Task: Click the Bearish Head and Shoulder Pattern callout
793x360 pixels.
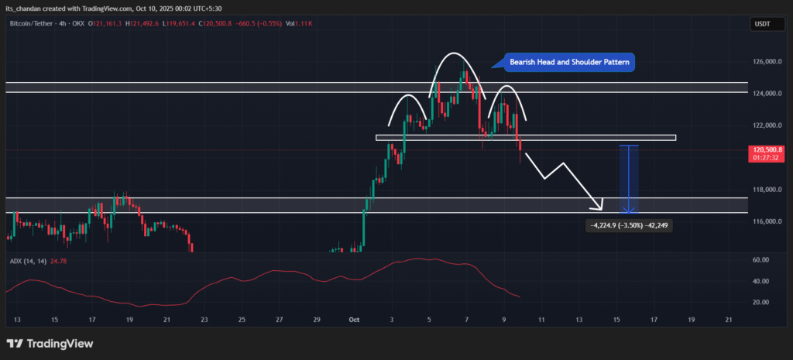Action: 570,62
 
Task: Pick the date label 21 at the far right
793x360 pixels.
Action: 728,320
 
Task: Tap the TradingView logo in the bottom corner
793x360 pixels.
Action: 50,344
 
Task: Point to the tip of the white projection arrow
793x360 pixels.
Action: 601,209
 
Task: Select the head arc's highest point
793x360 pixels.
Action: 455,53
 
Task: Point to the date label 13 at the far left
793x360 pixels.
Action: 17,320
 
